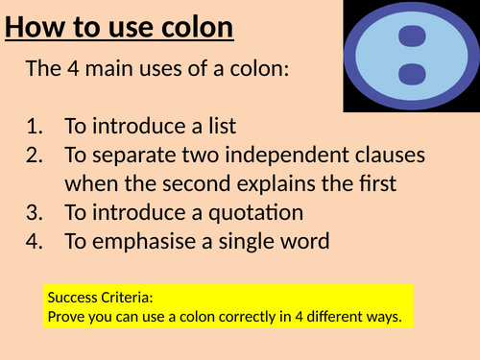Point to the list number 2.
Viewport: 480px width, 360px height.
click(x=36, y=155)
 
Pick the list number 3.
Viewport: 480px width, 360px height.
click(x=36, y=212)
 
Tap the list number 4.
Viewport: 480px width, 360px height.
click(x=36, y=241)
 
